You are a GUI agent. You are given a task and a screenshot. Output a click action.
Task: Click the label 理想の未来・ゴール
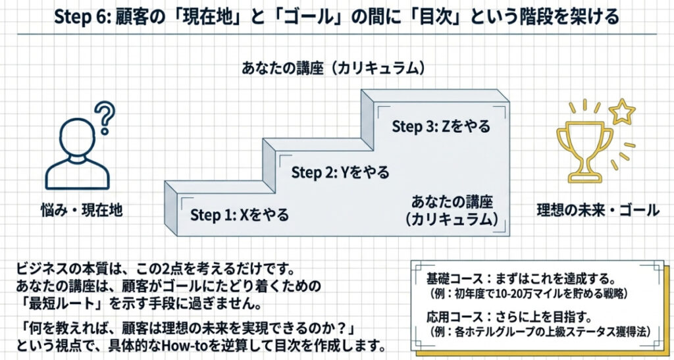click(x=598, y=211)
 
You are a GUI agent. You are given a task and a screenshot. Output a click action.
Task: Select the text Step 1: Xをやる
click(x=240, y=215)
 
